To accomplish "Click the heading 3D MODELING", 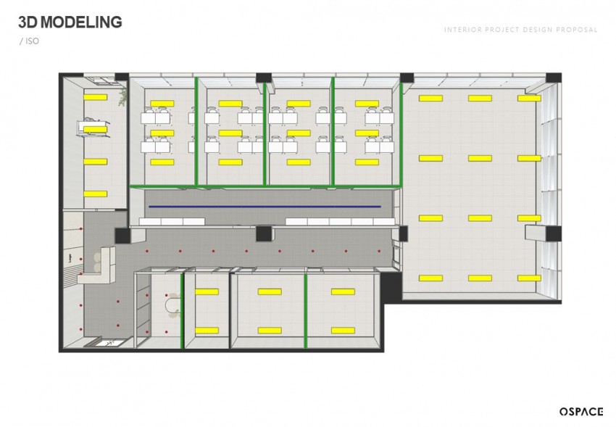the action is (x=70, y=22).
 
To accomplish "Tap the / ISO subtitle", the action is (x=29, y=41).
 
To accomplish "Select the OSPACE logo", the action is (x=581, y=411).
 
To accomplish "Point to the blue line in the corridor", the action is (x=265, y=206).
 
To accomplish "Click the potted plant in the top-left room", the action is (x=123, y=96).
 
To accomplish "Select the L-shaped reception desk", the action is (x=99, y=266).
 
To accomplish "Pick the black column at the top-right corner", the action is (x=554, y=78).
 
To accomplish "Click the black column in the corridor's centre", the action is (x=264, y=233).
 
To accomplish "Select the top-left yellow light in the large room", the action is (x=430, y=98).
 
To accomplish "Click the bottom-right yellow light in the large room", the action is (x=529, y=278).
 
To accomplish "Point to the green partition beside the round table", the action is (x=182, y=311).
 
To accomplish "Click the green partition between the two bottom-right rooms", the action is (x=306, y=311).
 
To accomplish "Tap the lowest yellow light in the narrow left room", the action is (x=95, y=194).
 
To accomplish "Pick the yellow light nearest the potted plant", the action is (x=95, y=97).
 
